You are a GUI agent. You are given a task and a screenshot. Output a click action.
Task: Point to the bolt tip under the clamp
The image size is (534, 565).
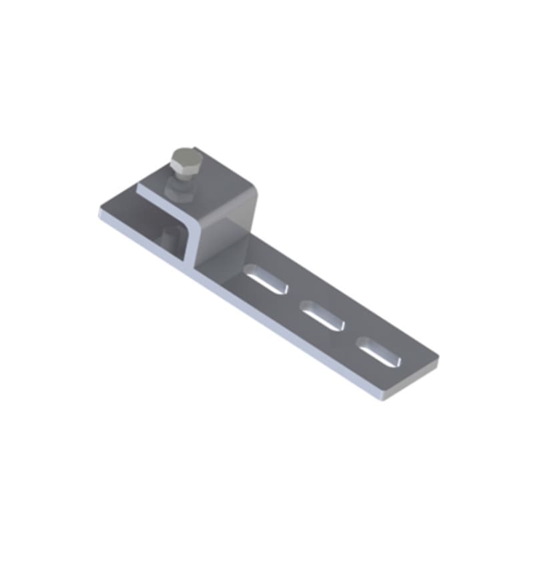[168, 236]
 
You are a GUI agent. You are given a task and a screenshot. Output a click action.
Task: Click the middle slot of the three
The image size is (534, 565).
[322, 314]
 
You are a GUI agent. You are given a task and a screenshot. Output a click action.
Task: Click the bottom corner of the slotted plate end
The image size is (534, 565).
[383, 399]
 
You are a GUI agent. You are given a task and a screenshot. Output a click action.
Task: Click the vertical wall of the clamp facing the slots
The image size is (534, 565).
[224, 240]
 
